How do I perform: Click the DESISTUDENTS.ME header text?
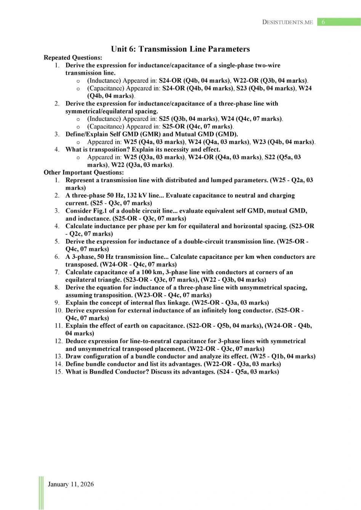(x=287, y=22)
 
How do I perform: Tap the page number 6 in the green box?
(x=323, y=22)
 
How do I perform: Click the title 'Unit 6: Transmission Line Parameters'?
(x=180, y=49)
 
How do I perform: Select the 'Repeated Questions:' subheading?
(x=73, y=58)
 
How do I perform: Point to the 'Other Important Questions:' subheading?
(x=83, y=172)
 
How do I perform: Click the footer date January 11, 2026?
(x=71, y=484)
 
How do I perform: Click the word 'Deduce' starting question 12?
(x=76, y=341)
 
